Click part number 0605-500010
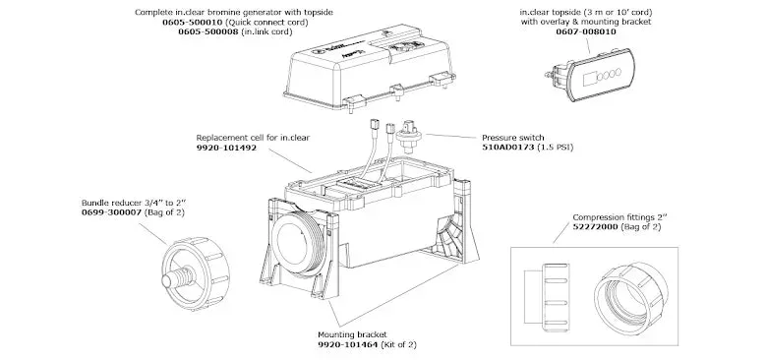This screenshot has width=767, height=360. [193, 22]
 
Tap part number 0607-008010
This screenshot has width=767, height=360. [586, 31]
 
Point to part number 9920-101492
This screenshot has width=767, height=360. [226, 148]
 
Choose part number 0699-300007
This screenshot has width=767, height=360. [111, 212]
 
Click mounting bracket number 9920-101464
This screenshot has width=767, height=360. [348, 345]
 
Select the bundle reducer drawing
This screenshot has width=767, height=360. [195, 271]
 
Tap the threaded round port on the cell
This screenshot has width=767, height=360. [293, 246]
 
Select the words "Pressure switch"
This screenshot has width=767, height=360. [512, 138]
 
